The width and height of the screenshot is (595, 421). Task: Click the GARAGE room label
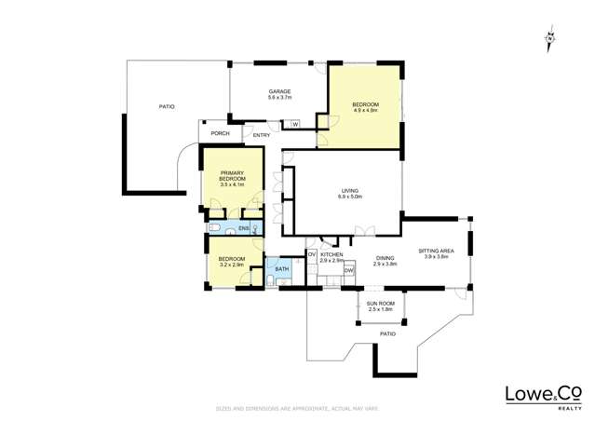[280, 91]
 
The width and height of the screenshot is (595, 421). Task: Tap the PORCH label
[220, 133]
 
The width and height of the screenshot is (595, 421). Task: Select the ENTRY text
[262, 135]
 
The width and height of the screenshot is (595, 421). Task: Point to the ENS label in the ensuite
[243, 228]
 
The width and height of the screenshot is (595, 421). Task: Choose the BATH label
[281, 269]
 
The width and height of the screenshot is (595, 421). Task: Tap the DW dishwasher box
[349, 270]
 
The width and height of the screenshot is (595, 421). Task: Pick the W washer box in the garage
[295, 124]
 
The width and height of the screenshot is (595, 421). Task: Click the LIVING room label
[349, 191]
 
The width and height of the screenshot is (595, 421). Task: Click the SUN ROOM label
[380, 305]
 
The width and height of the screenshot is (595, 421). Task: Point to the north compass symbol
[551, 37]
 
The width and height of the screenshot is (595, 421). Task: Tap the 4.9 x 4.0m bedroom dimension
[364, 110]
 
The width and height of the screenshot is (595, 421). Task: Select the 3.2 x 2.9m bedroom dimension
[231, 265]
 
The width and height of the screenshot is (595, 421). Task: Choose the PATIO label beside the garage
[167, 107]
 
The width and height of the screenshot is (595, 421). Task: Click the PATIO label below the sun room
[387, 333]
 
